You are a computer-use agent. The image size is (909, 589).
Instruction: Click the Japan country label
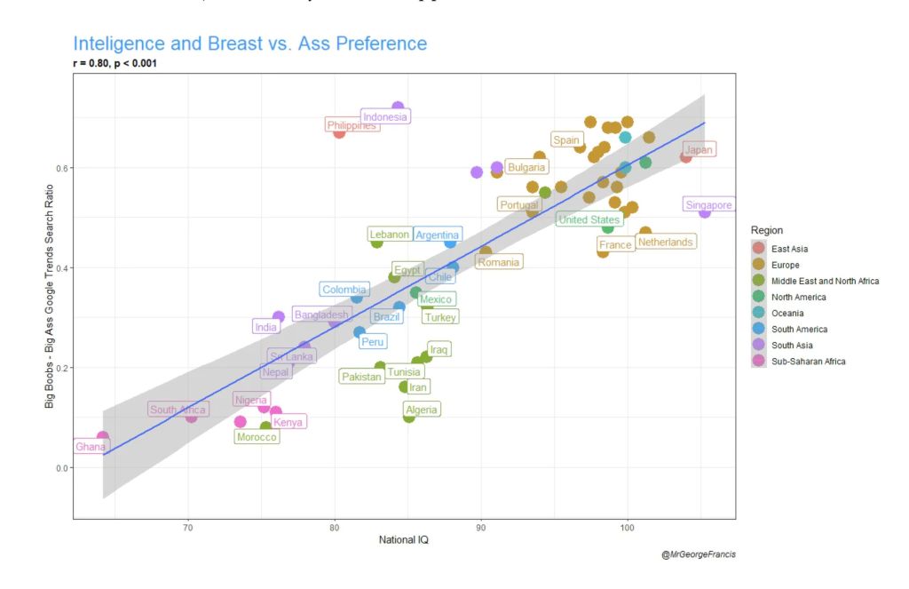click(x=699, y=150)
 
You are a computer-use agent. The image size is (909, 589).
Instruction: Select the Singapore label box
click(x=708, y=205)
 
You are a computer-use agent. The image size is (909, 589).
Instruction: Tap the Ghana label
click(x=91, y=447)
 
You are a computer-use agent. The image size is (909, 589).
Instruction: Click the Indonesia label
click(x=385, y=117)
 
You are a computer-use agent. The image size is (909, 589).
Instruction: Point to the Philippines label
click(x=352, y=125)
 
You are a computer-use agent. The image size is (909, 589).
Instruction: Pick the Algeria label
click(x=422, y=410)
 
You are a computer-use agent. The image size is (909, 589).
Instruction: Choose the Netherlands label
click(x=665, y=242)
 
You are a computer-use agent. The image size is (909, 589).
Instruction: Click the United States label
click(x=589, y=219)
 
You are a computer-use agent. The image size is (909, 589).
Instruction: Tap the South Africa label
click(x=178, y=410)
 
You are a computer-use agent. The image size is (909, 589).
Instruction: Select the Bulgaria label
click(x=526, y=167)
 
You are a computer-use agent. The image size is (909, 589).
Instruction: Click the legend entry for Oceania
click(x=786, y=313)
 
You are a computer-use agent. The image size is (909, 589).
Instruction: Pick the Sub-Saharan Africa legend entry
click(x=808, y=361)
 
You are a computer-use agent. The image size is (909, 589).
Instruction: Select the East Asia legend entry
click(x=789, y=249)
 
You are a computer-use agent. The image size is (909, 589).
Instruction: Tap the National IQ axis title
click(x=404, y=540)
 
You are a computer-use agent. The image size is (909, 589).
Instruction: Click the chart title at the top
click(x=249, y=44)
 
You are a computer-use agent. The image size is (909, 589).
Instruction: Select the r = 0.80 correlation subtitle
click(x=115, y=64)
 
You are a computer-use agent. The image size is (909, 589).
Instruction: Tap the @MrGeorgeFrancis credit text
click(x=698, y=554)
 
